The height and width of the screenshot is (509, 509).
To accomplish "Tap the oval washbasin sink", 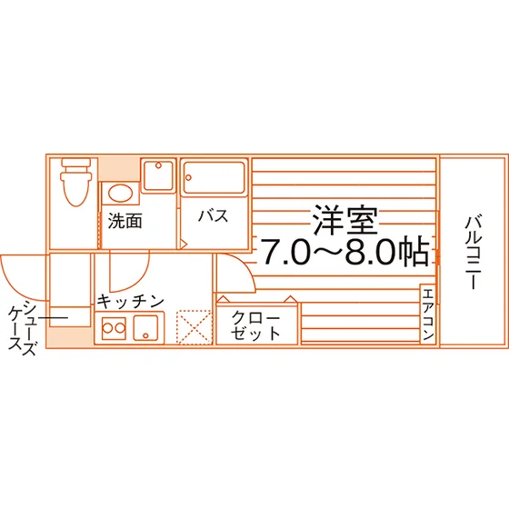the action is point(120,194).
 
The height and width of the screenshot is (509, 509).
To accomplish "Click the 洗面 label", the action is point(125,221).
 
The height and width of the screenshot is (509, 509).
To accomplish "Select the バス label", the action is point(214,216).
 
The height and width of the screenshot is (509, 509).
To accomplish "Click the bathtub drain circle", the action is point(189,177).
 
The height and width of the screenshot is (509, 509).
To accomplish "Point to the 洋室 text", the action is point(344,220).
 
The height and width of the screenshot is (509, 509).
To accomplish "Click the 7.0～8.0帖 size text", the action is point(345,251).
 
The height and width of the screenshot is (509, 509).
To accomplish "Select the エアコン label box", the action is point(428,314).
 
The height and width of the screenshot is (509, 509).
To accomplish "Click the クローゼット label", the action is point(255,325).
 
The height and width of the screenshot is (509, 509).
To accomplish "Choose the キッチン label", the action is point(131,302).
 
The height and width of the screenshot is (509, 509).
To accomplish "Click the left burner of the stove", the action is point(107,328).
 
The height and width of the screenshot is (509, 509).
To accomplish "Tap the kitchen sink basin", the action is point(145,328).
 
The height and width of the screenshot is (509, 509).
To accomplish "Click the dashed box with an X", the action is point(194,327).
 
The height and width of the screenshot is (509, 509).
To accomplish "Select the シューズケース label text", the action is point(22,327).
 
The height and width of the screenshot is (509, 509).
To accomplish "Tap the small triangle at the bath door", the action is point(184,244).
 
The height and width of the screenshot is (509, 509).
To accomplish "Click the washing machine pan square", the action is point(158,175).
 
